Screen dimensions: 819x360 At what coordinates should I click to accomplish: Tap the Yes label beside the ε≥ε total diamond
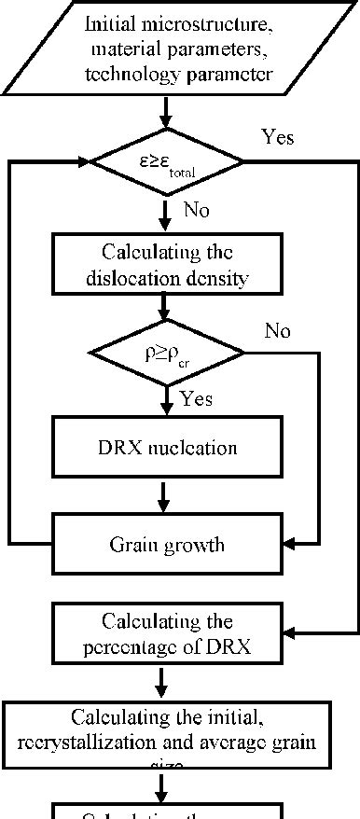click(277, 138)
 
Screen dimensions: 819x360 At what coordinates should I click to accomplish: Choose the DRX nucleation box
click(166, 448)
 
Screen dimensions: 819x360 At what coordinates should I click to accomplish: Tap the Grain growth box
click(166, 545)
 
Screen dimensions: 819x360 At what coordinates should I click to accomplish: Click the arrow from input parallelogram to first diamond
click(166, 113)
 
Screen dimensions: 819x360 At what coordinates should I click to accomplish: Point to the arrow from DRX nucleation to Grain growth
click(166, 496)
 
